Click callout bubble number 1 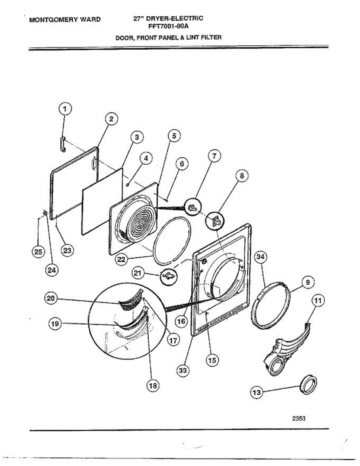point(65,109)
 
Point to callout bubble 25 point(38,252)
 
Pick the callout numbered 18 point(153,385)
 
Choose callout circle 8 point(241,176)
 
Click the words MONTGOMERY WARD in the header point(64,19)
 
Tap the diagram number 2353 point(299,418)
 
